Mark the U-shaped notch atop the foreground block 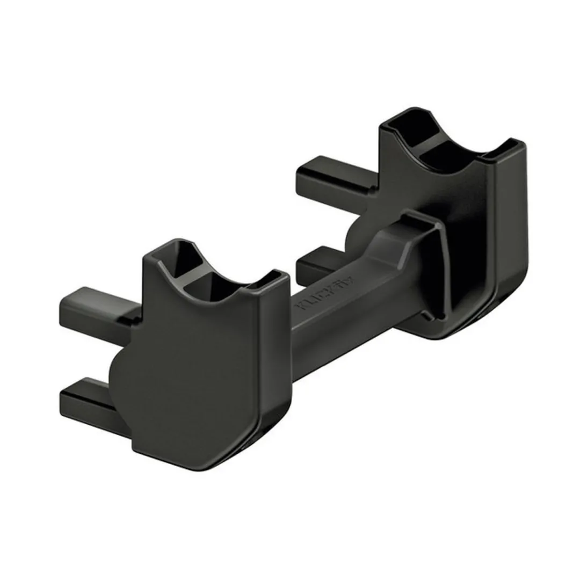coord(215,279)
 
